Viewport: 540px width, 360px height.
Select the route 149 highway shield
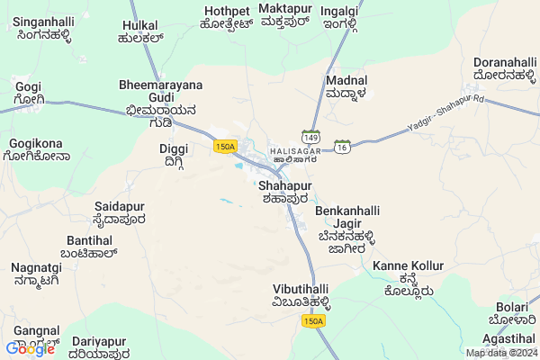[x=310, y=139]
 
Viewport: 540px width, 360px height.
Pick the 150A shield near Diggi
[x=225, y=146]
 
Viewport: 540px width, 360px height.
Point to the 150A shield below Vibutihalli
[x=312, y=321]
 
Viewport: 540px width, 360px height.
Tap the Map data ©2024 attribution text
[x=500, y=353]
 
